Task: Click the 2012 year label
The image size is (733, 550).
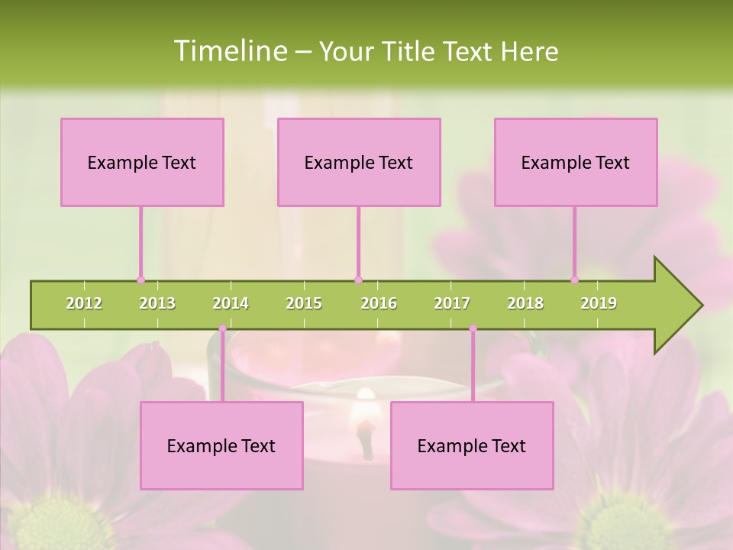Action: (84, 303)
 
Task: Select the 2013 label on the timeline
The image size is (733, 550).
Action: (157, 303)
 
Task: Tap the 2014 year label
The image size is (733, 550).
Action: (231, 303)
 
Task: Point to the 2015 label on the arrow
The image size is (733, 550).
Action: (304, 303)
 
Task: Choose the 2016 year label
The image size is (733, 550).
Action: (379, 303)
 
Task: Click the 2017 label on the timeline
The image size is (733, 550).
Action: (452, 303)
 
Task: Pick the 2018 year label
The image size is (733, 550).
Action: (525, 303)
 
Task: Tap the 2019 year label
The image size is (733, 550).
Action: (599, 303)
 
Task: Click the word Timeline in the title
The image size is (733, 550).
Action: (228, 51)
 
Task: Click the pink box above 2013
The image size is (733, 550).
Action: (142, 162)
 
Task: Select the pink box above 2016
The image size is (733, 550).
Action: (359, 162)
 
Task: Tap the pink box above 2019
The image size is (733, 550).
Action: (576, 162)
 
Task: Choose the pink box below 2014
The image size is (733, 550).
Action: (221, 445)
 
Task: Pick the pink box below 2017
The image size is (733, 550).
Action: (472, 445)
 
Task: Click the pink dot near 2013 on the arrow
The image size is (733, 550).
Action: (140, 280)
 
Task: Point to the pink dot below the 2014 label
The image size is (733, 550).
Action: (222, 328)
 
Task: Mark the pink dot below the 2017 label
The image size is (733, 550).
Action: (473, 328)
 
